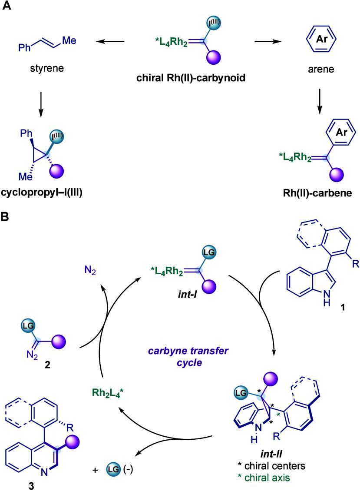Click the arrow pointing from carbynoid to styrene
[110, 42]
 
